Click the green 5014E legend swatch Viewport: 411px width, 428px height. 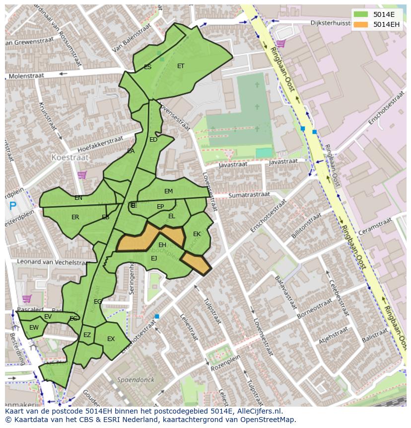361,15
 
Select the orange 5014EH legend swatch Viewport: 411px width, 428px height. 361,24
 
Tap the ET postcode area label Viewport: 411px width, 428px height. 181,66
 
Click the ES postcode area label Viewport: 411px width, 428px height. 147,67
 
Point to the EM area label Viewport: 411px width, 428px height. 168,191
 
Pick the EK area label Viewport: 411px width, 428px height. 197,234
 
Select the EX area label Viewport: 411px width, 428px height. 111,339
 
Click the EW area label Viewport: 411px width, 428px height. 34,328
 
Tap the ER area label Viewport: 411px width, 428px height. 75,217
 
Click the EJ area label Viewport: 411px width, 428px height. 154,258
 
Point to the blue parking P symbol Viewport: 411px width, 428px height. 12,205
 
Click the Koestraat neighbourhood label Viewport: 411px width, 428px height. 70,157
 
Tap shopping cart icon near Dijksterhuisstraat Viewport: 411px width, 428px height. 280,44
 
